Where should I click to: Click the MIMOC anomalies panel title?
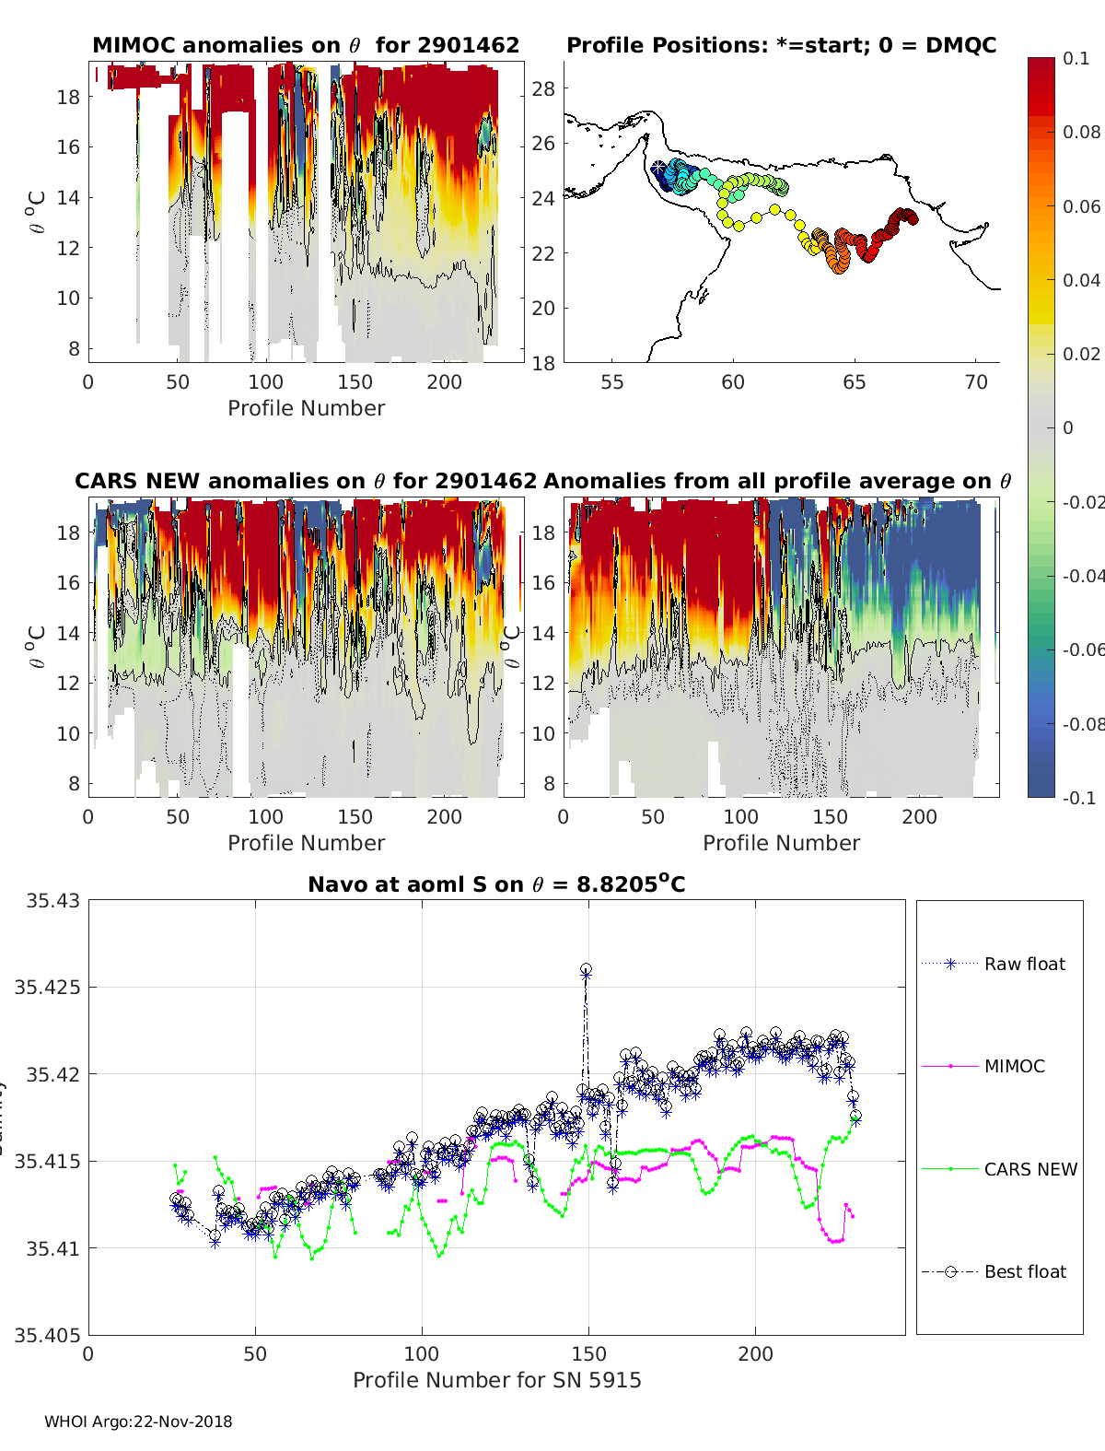[x=306, y=45]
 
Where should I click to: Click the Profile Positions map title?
[x=781, y=45]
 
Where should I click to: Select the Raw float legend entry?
[x=1024, y=964]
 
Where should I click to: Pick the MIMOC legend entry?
[x=1014, y=1066]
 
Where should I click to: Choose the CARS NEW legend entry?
[x=1029, y=1169]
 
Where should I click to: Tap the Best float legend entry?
[x=1024, y=1271]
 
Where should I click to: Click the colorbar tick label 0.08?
[x=1081, y=132]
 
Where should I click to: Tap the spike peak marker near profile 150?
[x=586, y=970]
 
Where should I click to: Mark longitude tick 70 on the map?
[x=976, y=382]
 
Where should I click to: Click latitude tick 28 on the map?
[x=544, y=89]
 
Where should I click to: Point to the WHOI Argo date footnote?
[x=138, y=1422]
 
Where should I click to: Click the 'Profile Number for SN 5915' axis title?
[x=496, y=1380]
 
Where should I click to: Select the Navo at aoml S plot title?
[x=496, y=884]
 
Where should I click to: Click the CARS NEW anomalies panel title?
[x=306, y=481]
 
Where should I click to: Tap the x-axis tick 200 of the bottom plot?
[x=755, y=1354]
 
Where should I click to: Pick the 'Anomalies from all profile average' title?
[x=777, y=481]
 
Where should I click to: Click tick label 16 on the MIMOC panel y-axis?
[x=69, y=147]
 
